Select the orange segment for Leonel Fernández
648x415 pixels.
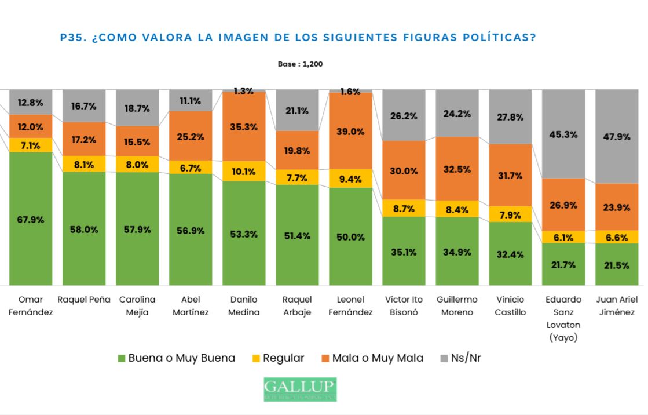350,131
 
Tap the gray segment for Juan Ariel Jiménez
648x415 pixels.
617,136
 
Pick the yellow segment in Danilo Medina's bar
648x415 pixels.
244,171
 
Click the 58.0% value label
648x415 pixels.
84,229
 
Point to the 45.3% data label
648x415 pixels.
563,134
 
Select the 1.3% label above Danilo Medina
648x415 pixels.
244,91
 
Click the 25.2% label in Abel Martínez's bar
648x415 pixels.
191,137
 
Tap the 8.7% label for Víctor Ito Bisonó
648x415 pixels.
404,209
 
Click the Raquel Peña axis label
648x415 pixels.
84,300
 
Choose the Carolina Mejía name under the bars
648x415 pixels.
137,305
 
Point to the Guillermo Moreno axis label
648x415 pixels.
457,305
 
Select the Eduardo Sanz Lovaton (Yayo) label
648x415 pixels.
563,318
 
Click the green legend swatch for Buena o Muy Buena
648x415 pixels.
122,358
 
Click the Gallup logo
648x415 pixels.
300,389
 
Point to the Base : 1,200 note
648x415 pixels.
300,64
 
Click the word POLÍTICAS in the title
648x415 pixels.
497,38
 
